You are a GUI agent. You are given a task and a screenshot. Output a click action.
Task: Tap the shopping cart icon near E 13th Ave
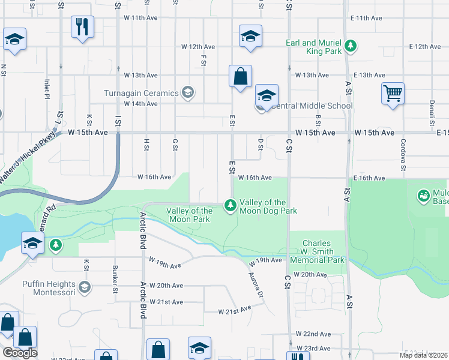click(x=393, y=94)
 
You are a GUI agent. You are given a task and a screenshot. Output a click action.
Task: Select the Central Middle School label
click(x=310, y=106)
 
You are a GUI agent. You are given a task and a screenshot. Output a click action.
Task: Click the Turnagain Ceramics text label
click(x=141, y=93)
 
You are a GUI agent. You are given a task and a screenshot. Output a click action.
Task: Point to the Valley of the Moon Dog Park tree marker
click(x=230, y=206)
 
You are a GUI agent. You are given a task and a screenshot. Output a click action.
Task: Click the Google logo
click(x=20, y=353)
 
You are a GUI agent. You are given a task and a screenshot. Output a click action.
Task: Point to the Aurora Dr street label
click(x=256, y=284)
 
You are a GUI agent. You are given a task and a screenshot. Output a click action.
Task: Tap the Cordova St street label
click(x=403, y=154)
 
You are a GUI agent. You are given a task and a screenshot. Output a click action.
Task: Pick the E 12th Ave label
click(x=425, y=46)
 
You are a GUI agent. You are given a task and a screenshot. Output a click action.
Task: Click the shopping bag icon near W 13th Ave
click(x=240, y=76)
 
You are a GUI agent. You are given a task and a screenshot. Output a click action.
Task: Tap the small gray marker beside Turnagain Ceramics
click(x=188, y=92)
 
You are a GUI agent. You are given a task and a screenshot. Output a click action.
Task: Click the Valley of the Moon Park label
click(x=188, y=215)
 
